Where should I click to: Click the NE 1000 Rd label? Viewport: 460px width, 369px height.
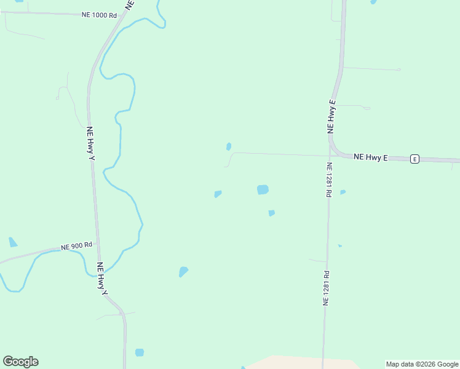[x=99, y=14]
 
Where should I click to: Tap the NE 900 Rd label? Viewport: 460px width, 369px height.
[x=76, y=246]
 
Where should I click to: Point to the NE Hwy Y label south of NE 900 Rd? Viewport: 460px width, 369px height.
[x=101, y=278]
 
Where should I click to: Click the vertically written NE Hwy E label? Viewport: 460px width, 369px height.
[x=332, y=116]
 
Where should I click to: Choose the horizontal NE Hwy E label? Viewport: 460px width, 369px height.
[x=371, y=157]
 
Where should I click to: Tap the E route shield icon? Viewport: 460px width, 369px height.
[x=414, y=159]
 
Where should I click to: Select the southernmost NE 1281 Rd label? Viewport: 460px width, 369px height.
[x=327, y=288]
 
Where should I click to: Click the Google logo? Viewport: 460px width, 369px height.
[x=20, y=362]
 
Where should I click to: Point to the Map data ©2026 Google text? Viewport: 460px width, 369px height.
[x=422, y=364]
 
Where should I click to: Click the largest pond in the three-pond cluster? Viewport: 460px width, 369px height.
[x=263, y=189]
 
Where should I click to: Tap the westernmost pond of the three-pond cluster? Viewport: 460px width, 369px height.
[x=218, y=194]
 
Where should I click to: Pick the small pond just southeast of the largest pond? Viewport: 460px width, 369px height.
[x=271, y=213]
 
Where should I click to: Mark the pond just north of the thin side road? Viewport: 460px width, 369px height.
[x=229, y=146]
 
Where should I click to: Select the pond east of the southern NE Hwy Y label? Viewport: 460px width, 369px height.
[x=183, y=271]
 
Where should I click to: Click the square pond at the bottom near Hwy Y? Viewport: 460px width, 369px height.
[x=140, y=352]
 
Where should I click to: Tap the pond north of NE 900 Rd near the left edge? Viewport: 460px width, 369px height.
[x=13, y=242]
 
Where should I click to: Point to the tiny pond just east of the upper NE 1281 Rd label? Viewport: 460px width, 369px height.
[x=343, y=192]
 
